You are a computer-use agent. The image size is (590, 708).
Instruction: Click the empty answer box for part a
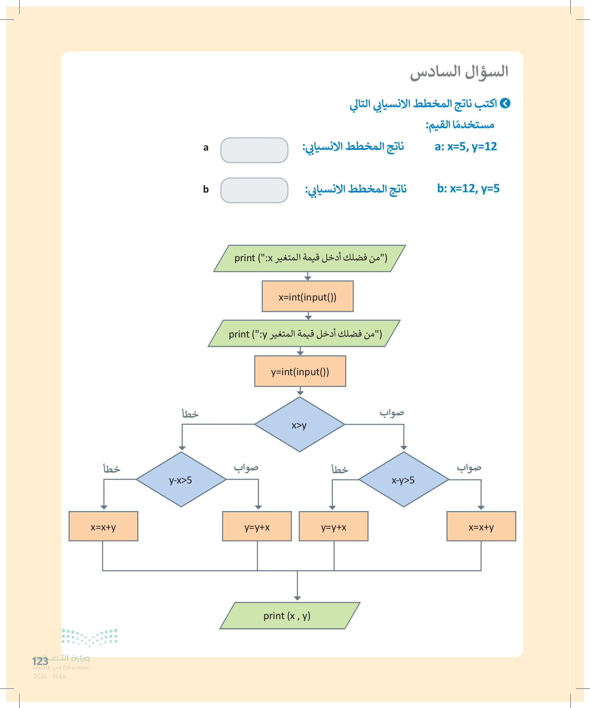pos(254,150)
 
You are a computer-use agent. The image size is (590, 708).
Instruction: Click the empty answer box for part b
pos(254,190)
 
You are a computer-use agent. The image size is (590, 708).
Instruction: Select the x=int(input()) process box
pos(307,296)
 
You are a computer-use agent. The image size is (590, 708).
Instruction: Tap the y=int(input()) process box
pos(300,371)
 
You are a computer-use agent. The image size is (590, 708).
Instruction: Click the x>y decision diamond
pos(299,424)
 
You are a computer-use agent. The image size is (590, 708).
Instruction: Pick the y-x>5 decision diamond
pos(181,479)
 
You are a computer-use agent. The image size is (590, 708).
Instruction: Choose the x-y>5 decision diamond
pos(403,479)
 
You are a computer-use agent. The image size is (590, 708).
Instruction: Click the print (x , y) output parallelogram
pos(289,615)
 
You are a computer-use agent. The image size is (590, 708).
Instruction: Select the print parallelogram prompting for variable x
pos(309,258)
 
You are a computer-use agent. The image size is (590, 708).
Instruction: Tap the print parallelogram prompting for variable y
pos(304,333)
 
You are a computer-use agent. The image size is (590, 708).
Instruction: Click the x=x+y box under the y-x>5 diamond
pos(103,526)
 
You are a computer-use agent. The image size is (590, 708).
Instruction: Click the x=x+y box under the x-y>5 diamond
pos(481,526)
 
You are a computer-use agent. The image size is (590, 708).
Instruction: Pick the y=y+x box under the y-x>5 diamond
pos(257,526)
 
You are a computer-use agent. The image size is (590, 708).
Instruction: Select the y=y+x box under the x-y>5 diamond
pos(333,526)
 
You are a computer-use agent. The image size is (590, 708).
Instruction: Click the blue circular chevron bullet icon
pos(505,103)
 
